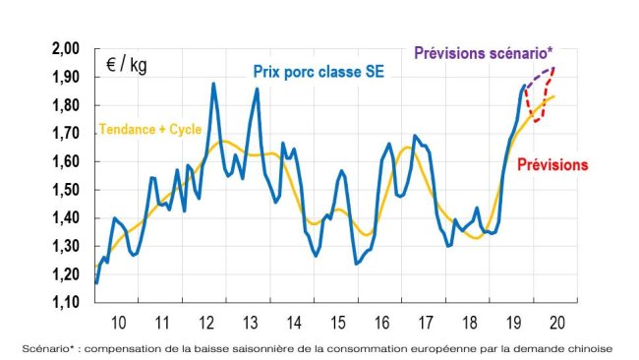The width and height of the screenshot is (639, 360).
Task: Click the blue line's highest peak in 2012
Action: coord(213,85)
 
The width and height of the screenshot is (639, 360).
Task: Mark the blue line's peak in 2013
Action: coord(257,90)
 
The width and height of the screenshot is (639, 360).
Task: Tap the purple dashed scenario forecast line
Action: coord(539,76)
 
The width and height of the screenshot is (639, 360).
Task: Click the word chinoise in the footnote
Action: coord(587,347)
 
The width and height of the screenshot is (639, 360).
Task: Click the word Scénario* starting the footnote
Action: coord(46,347)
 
